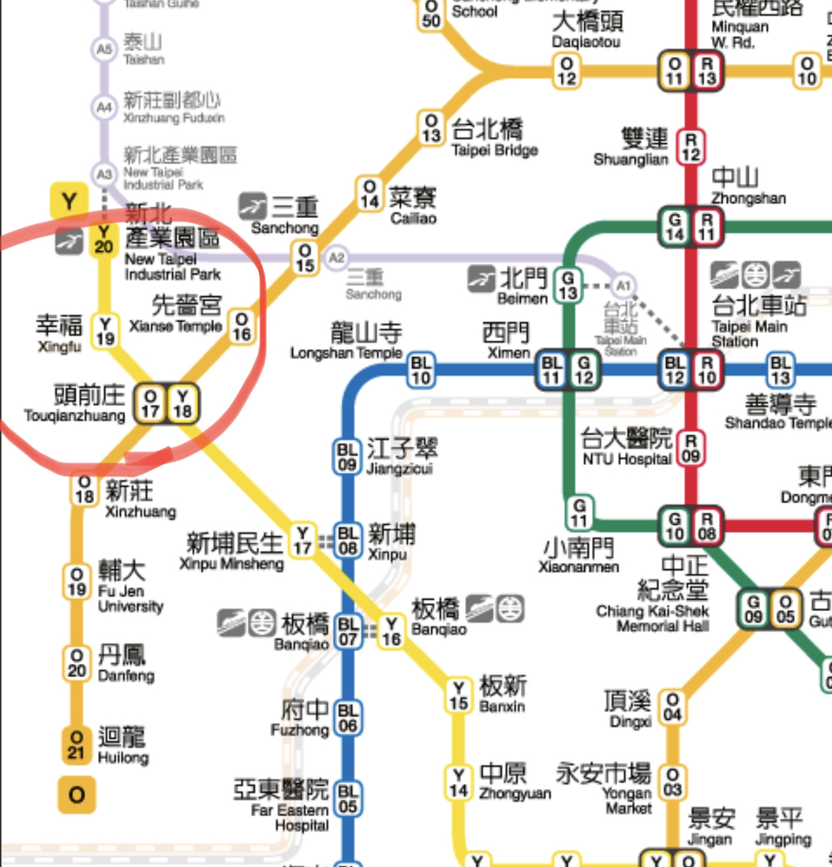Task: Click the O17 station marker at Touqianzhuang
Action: click(151, 403)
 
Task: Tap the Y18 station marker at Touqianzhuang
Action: click(182, 403)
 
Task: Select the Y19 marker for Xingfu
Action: click(105, 330)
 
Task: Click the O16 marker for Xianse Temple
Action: click(241, 326)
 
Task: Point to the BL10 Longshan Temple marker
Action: click(422, 369)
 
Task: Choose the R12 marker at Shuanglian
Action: click(690, 146)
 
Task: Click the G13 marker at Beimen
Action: click(568, 285)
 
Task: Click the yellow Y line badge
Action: click(70, 201)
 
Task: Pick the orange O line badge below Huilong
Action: click(77, 795)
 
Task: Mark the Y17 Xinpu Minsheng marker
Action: click(303, 540)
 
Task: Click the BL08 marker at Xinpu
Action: click(348, 539)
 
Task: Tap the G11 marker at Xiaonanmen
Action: click(579, 513)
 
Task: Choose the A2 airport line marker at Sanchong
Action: click(336, 257)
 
